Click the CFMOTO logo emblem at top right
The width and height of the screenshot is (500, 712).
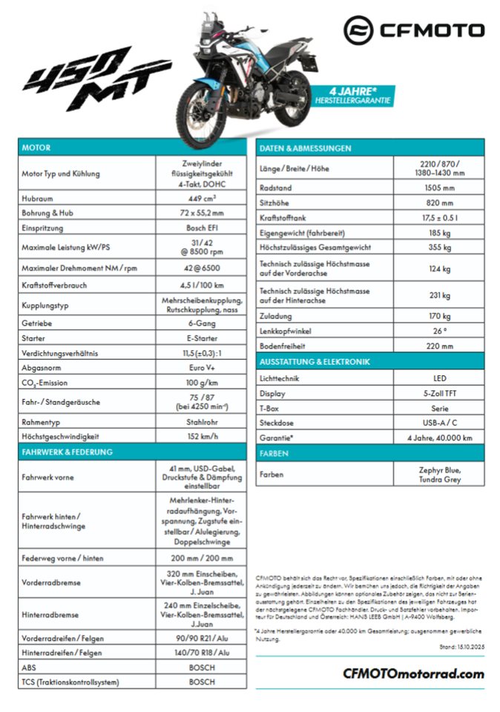360,30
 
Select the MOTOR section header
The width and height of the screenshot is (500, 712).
36,148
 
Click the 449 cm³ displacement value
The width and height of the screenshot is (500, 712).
202,198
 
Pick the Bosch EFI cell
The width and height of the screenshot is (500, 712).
202,228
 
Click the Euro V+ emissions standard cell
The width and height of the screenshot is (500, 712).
202,368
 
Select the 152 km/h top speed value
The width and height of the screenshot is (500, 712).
202,436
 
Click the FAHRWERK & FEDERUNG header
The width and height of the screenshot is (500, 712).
68,452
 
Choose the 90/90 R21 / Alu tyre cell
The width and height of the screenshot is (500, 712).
202,639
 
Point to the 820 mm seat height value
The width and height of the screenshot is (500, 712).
438,202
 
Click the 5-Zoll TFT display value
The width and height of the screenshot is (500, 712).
438,394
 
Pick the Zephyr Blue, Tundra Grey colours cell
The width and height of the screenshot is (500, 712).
438,474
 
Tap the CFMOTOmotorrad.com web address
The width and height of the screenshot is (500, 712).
413,673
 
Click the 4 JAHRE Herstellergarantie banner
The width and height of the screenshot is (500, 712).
352,94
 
